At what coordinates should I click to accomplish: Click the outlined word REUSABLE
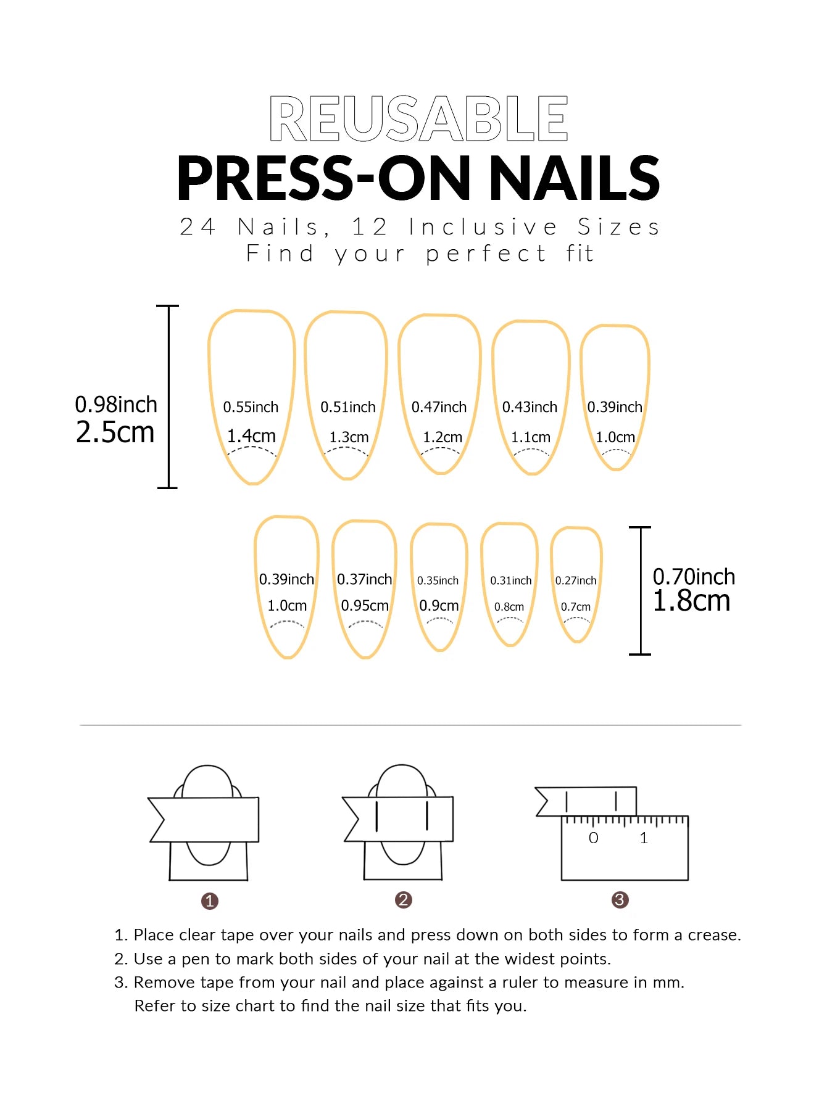tap(418, 119)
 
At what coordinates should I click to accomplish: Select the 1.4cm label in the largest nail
tap(251, 436)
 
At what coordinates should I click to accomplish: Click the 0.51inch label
tap(347, 407)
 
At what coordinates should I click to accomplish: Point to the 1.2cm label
tap(442, 437)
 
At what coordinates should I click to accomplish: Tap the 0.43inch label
tap(530, 407)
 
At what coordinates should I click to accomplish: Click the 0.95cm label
tap(364, 606)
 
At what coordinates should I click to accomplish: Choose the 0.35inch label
tap(438, 580)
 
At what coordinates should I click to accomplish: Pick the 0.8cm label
tap(509, 607)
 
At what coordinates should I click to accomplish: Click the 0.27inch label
tap(575, 580)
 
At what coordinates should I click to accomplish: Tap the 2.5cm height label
tap(115, 432)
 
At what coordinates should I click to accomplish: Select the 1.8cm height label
tap(691, 601)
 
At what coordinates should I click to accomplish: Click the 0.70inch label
tap(694, 577)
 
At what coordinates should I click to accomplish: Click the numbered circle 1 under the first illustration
tap(210, 901)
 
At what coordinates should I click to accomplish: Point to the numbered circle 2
tap(403, 900)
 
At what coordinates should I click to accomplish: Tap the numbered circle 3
tap(620, 900)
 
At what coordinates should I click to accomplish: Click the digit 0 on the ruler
tap(593, 838)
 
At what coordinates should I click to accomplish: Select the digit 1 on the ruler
tap(644, 838)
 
